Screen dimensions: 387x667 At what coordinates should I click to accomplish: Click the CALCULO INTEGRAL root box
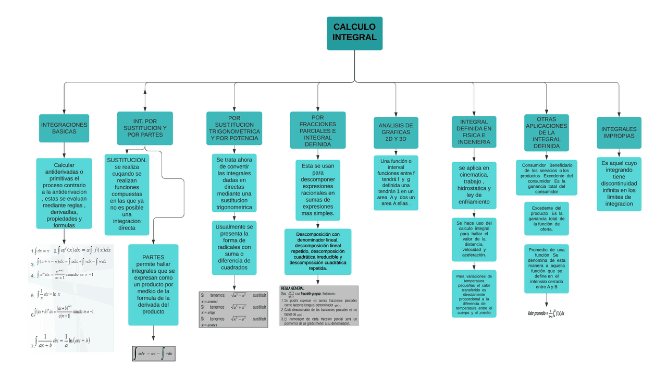click(354, 33)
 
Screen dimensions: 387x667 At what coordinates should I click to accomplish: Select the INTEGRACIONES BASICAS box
click(64, 128)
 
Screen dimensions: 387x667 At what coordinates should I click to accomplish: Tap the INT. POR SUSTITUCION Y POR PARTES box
click(145, 128)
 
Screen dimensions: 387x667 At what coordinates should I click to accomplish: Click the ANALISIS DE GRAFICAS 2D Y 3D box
click(396, 132)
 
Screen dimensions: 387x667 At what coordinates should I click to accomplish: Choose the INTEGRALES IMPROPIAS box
click(619, 132)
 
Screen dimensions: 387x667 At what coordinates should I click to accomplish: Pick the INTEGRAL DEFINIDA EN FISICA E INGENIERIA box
click(474, 132)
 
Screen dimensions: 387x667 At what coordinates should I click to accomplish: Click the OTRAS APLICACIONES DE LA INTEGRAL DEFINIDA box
click(546, 132)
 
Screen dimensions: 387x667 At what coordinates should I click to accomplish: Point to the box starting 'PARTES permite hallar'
click(153, 285)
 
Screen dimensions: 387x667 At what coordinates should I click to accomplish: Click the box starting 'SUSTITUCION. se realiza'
click(127, 195)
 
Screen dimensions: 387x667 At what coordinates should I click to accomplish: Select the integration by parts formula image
click(154, 354)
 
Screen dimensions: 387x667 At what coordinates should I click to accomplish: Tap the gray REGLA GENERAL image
click(319, 306)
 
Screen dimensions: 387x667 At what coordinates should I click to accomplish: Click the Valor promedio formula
click(546, 313)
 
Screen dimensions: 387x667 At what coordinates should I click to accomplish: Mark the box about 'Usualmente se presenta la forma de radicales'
click(234, 248)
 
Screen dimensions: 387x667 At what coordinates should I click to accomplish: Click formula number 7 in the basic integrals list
click(63, 341)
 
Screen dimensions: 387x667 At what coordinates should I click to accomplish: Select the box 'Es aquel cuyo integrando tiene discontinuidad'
click(619, 184)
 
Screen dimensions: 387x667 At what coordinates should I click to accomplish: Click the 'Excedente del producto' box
click(546, 219)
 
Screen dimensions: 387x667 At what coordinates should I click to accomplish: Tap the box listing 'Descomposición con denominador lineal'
click(318, 251)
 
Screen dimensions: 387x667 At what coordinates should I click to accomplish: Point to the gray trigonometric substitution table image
click(233, 309)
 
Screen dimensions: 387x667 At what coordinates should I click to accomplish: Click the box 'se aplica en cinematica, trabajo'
click(474, 185)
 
